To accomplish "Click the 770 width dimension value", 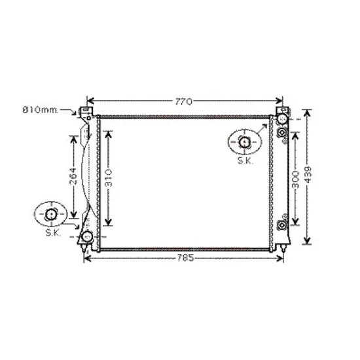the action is [184, 101].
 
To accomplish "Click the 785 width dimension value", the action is [185, 258].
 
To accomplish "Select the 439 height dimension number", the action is [308, 175].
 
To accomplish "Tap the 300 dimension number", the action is [296, 179].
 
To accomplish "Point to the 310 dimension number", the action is [108, 178].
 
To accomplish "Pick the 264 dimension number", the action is [73, 176].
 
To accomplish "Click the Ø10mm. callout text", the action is [40, 110].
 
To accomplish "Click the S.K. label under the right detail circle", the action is [245, 161].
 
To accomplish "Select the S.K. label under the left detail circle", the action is [53, 233].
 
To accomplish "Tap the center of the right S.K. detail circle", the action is [245, 142].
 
